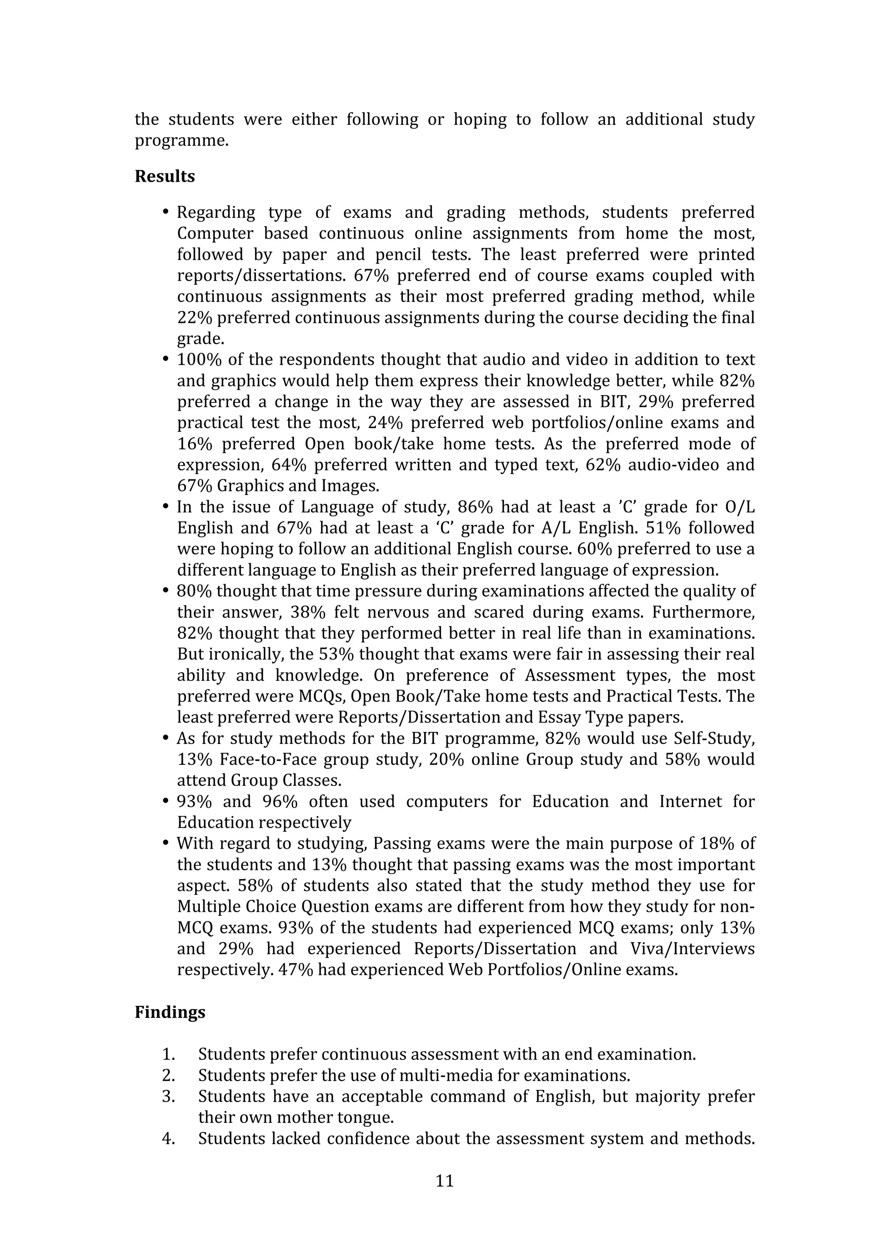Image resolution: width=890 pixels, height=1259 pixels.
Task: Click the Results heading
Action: (x=165, y=176)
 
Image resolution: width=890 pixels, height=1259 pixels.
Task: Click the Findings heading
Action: (x=170, y=1012)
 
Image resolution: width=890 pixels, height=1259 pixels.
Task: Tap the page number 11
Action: (x=445, y=1181)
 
